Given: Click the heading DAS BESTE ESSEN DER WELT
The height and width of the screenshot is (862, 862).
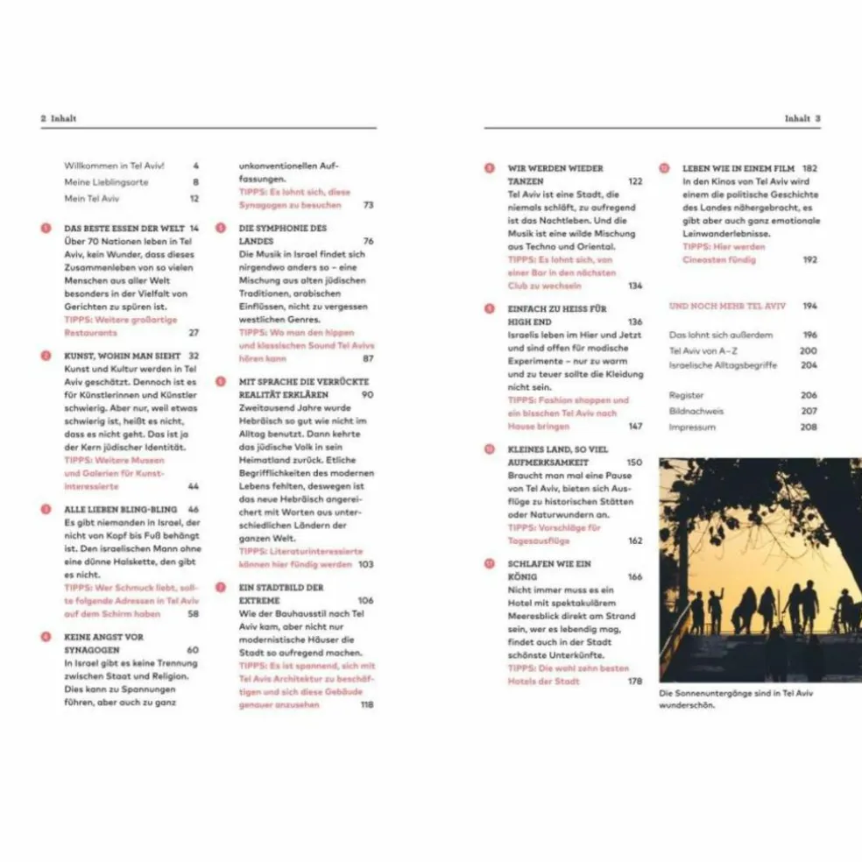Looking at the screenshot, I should pos(124,228).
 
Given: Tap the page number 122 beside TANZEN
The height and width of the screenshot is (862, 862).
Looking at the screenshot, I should pos(635,181).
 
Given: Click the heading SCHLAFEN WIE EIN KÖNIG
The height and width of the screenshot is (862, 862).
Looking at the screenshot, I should pos(550,564).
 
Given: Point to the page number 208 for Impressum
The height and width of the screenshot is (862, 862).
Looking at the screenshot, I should pos(809,427).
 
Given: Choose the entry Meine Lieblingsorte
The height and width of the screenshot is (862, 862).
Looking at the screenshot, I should pos(106,182).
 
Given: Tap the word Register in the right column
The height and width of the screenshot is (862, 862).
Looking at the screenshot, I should pos(686,396).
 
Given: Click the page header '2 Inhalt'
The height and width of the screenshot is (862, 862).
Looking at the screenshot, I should pos(59,118).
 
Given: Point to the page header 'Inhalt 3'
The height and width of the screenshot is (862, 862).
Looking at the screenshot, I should pos(802,118).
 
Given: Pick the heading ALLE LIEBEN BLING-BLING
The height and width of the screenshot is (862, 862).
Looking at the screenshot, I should pos(120,509).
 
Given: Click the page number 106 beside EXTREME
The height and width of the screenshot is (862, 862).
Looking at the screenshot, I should pos(365,601).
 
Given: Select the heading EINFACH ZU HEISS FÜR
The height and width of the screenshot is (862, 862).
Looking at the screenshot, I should pos(557,309).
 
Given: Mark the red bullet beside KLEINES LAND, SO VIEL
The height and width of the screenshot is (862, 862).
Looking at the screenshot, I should pos(489,449).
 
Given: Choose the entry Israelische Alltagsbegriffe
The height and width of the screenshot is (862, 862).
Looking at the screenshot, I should pos(722,365).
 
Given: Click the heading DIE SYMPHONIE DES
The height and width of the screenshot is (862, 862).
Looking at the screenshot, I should pos(282,228).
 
